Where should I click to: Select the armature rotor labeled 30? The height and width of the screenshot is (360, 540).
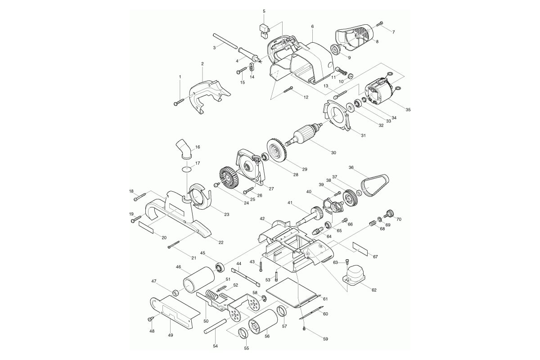pyautogui.click(x=304, y=135)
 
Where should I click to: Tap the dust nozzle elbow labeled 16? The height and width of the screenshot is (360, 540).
pyautogui.click(x=184, y=150)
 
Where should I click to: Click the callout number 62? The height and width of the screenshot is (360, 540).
pyautogui.click(x=374, y=290)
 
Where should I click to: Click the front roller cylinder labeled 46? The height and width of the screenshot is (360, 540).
pyautogui.click(x=198, y=280)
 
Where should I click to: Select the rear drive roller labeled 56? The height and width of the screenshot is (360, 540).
pyautogui.click(x=263, y=321)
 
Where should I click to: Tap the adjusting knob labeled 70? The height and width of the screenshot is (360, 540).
pyautogui.click(x=390, y=213)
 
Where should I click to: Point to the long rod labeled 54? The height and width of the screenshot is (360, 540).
pyautogui.click(x=215, y=326)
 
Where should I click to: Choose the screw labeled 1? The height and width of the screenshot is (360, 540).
pyautogui.click(x=179, y=102)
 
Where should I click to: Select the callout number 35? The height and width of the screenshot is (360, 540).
pyautogui.click(x=408, y=110)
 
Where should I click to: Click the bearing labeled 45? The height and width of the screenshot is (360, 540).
pyautogui.click(x=220, y=268)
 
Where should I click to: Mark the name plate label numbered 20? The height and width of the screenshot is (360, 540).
pyautogui.click(x=146, y=228)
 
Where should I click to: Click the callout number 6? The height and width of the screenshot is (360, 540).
pyautogui.click(x=312, y=26)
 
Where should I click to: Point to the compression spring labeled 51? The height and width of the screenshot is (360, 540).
pyautogui.click(x=211, y=295)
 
